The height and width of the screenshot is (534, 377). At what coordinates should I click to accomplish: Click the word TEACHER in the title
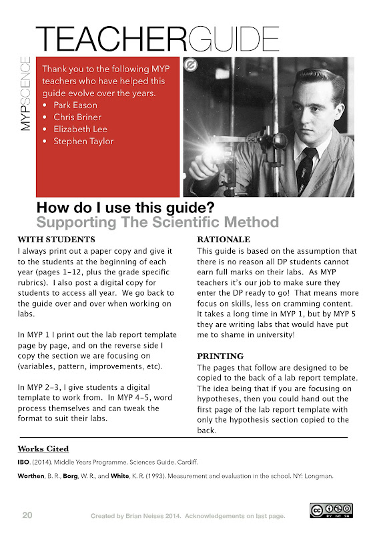[x=111, y=39]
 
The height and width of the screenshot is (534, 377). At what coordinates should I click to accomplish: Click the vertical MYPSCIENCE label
[x=25, y=93]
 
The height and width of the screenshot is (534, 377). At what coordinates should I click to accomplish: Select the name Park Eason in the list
[x=75, y=105]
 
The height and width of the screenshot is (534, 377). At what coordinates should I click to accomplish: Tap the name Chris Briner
[x=77, y=117]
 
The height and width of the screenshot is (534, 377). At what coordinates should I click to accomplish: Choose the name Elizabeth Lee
[x=80, y=129]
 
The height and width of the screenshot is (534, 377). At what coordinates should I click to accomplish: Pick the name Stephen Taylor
[x=83, y=141]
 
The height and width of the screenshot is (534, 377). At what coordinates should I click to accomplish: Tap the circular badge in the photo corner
[x=191, y=65]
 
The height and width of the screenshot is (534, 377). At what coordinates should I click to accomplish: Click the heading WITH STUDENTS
[x=57, y=240]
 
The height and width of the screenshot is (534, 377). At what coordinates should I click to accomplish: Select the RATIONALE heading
[x=224, y=240]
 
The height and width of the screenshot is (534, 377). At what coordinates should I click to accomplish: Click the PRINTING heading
[x=220, y=356]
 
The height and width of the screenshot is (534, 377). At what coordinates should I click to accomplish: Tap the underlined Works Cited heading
[x=43, y=449]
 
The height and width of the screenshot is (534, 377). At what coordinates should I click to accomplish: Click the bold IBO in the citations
[x=23, y=462]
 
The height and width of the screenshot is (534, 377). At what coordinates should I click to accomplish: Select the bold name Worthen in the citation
[x=31, y=476]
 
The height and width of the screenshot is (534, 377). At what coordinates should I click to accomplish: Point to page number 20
[x=27, y=515]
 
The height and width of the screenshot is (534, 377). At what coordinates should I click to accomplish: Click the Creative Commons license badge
[x=332, y=511]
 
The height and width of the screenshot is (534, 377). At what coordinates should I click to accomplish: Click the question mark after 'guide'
[x=210, y=208]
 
